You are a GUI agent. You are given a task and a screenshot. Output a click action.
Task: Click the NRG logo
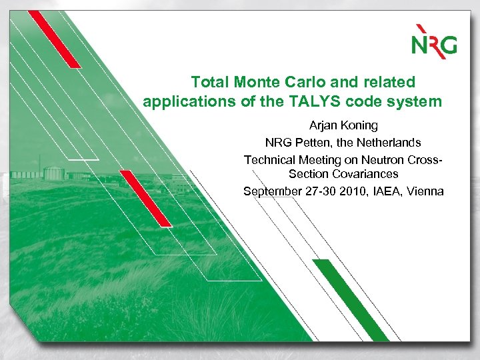point(433,41)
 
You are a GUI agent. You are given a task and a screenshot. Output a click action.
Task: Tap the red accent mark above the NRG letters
point(421,30)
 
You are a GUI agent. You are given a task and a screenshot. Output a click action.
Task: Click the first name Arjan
point(324,125)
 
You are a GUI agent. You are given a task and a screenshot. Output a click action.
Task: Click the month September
point(273,191)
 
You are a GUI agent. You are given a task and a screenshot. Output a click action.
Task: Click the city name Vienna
point(425,191)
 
